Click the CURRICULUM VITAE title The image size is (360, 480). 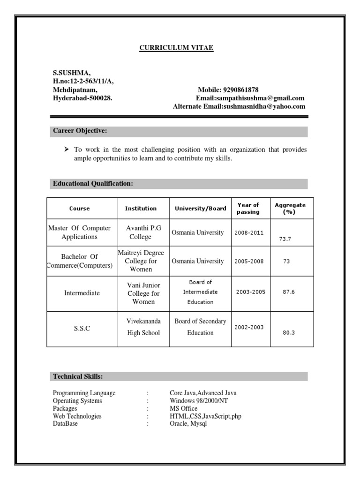coord(176,48)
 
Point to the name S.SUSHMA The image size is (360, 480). coord(72,73)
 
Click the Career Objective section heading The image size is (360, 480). coord(80,131)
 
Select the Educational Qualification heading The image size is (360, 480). coord(93,184)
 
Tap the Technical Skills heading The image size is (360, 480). coord(78,377)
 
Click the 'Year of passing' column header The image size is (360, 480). coord(248,208)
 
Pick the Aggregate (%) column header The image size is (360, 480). coord(290,208)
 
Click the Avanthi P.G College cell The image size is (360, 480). coord(143,232)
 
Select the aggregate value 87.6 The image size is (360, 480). coord(288,292)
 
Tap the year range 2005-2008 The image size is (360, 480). coord(248,261)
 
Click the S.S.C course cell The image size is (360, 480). coord(82,329)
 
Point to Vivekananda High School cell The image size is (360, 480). coord(143,327)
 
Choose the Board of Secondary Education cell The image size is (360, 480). coord(200,327)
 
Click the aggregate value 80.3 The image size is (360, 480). coord(288,333)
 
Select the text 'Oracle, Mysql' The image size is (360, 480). coord(188,423)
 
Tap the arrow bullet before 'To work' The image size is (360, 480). coord(66,150)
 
